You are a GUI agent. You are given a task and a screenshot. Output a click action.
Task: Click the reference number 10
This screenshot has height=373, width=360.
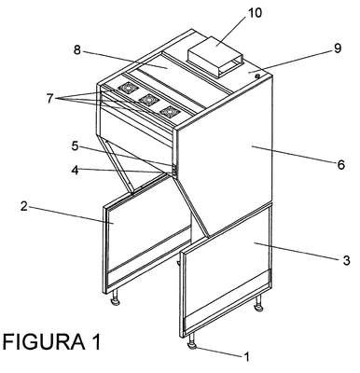255,13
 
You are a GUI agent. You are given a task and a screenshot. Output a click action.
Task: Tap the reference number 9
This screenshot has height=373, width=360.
338,48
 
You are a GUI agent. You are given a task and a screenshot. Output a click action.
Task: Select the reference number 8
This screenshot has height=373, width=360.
77,49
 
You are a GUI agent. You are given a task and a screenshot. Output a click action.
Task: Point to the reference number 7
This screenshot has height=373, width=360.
50,99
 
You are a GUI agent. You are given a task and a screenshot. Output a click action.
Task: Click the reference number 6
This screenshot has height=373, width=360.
341,164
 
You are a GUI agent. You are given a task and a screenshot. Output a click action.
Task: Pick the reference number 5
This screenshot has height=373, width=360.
75,145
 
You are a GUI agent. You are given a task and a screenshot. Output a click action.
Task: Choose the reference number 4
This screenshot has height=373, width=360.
75,170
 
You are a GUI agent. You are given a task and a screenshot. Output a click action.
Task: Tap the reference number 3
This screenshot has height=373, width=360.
346,260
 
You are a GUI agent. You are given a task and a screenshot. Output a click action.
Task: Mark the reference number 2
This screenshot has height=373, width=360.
24,206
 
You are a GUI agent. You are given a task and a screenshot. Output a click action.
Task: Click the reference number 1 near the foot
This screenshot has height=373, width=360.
246,357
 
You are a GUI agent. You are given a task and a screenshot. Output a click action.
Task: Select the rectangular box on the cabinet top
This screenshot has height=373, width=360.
215,57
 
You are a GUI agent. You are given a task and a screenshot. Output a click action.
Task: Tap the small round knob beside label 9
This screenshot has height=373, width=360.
257,76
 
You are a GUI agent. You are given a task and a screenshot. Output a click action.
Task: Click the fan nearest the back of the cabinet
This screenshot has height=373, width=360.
127,89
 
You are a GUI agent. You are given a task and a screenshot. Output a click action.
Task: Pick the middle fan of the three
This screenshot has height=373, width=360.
148,100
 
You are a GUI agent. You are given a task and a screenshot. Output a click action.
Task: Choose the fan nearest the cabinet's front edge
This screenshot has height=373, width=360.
170,111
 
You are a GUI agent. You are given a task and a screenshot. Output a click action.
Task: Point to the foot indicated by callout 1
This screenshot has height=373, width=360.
192,341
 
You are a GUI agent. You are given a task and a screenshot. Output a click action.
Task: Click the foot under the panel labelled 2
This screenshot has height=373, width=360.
116,297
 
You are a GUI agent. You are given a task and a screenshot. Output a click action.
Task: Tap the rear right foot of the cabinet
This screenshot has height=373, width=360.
259,304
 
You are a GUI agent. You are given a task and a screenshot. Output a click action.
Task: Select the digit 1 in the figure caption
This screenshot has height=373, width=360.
96,341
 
